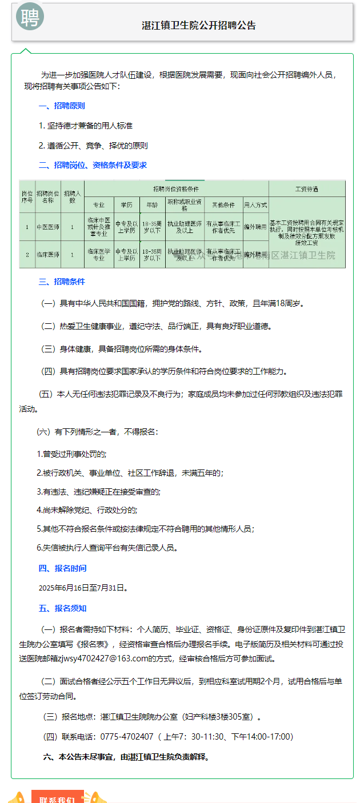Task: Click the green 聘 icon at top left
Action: click(x=29, y=17)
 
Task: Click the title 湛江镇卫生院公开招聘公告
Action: click(x=199, y=26)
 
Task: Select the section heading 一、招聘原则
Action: click(x=62, y=106)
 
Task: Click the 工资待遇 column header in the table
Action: click(x=306, y=188)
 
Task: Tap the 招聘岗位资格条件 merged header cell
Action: click(x=176, y=188)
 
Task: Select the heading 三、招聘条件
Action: click(x=62, y=282)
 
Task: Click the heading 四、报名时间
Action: click(x=62, y=568)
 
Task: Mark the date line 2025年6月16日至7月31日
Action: click(x=83, y=587)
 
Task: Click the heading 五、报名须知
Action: click(x=62, y=608)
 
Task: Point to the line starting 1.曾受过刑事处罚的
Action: click(x=71, y=453)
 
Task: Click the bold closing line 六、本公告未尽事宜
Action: click(x=126, y=757)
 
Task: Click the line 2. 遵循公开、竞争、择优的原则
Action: click(x=93, y=145)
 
